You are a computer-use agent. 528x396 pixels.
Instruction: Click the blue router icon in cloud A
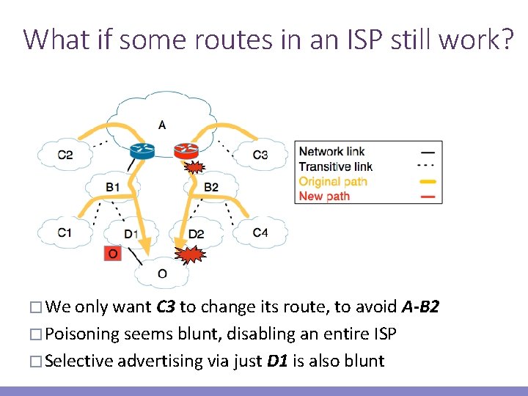(x=142, y=151)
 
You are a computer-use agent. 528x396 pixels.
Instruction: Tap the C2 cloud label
(x=65, y=155)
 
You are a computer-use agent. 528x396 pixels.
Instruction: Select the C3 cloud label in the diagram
(x=260, y=155)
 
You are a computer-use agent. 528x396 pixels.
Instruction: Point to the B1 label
(x=112, y=188)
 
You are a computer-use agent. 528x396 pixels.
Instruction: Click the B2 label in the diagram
(x=211, y=188)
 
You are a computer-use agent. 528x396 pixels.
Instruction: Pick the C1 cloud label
(x=65, y=233)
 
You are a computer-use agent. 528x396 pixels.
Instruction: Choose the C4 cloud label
(x=260, y=233)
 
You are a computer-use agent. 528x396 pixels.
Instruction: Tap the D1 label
(x=131, y=235)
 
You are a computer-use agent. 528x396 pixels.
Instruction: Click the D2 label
(x=196, y=235)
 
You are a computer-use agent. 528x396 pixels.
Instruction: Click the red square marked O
(x=112, y=254)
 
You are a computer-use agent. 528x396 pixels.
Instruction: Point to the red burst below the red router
(x=193, y=168)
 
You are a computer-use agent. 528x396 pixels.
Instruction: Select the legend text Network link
(x=331, y=152)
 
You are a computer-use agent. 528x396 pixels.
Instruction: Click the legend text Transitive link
(x=336, y=166)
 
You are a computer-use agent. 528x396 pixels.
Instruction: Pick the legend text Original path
(x=333, y=181)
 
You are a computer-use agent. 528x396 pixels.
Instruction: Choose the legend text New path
(x=324, y=196)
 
